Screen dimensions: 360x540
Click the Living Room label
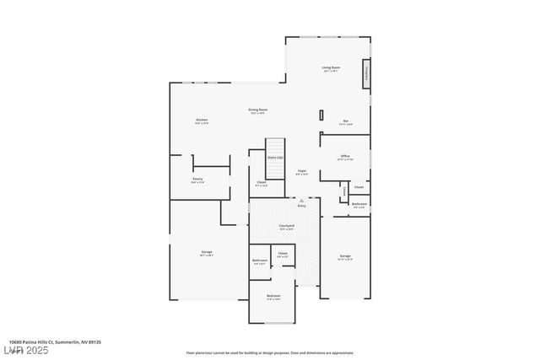coord(330,68)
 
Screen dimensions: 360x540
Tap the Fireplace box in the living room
coord(366,73)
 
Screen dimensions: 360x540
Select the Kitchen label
coord(202,121)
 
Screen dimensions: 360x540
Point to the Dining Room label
coord(257,110)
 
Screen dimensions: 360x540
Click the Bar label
coord(345,122)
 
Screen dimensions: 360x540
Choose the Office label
coord(345,157)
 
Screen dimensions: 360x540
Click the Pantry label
coord(197,180)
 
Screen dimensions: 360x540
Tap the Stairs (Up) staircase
coord(276,153)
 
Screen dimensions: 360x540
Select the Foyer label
coord(301,172)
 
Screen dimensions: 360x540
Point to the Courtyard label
coord(286,227)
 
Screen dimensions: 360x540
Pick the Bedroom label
coord(273,297)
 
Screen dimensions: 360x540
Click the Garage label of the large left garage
coord(206,253)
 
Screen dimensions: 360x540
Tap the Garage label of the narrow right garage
coord(345,256)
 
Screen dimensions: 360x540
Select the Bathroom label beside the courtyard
coord(259,261)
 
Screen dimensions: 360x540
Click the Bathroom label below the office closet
coord(359,205)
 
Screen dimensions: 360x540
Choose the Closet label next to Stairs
coord(262,183)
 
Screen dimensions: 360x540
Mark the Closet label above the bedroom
coord(283,255)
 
